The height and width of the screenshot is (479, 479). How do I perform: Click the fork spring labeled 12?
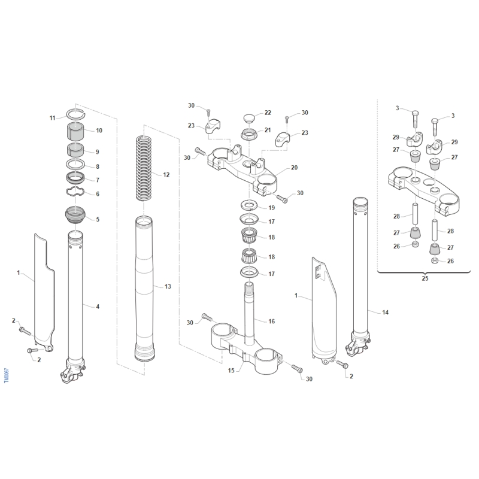pos(144,168)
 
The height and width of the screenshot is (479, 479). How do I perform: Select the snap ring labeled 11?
pos(76,114)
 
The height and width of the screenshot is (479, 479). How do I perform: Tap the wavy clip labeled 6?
pos(75,192)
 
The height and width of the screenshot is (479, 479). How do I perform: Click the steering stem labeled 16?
pos(250,314)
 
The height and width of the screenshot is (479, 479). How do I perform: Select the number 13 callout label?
pos(168,287)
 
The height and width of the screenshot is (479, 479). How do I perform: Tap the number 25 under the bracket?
pos(425,278)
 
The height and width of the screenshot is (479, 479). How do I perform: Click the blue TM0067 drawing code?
pos(7,375)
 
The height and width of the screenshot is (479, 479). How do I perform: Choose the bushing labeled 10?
pos(75,131)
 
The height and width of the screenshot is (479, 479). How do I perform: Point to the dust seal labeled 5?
pos(75,216)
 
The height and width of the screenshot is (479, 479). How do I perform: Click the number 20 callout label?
pos(294,168)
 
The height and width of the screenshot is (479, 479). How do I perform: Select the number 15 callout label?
pos(231,370)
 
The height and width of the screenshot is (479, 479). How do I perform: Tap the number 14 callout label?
pos(385,312)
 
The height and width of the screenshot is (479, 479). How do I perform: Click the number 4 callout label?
pos(98,307)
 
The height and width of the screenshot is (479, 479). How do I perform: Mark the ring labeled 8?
pos(75,164)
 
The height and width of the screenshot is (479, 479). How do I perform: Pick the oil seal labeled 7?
pos(75,177)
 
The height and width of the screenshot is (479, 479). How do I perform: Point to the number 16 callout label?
pos(272,321)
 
